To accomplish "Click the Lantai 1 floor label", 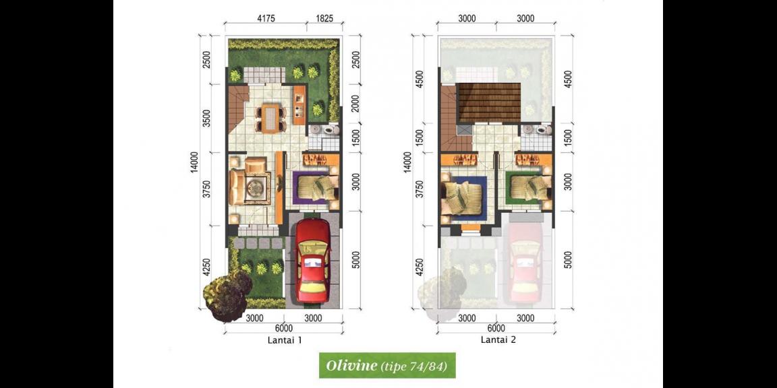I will click(284, 340).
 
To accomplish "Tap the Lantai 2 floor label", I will click(498, 340).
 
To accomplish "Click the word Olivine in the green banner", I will click(351, 366).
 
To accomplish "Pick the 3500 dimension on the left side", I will click(207, 119).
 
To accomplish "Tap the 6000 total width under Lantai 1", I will click(283, 328).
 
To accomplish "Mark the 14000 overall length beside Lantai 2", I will click(406, 164).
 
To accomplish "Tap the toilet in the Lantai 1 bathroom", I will click(330, 129).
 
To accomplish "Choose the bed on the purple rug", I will click(316, 187).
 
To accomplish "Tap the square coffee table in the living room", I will click(256, 187).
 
